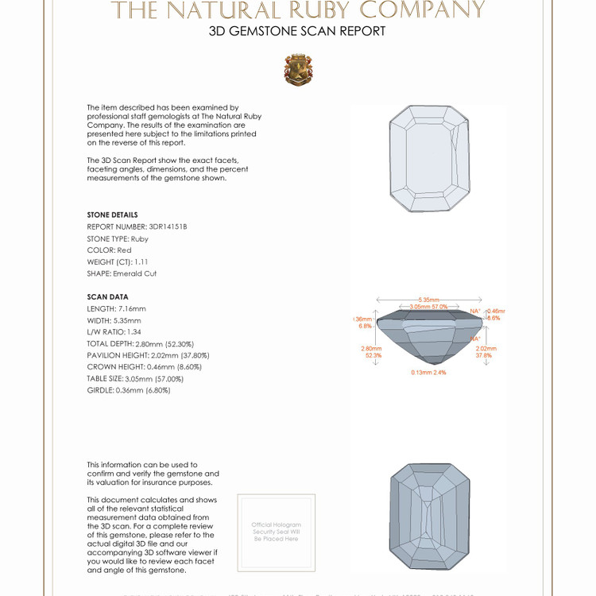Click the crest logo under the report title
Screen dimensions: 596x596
coord(298,70)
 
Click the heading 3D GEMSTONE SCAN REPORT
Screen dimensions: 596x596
coord(297,31)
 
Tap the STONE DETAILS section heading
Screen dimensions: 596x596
coord(112,215)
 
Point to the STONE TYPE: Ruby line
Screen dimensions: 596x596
coord(118,238)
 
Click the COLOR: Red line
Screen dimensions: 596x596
coord(110,250)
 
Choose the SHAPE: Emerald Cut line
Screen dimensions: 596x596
coord(122,273)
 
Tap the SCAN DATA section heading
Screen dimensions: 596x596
coord(107,297)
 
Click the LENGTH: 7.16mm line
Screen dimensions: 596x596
coord(116,308)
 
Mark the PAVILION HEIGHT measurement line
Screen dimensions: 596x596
coord(144,355)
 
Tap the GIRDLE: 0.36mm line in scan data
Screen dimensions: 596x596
coord(129,390)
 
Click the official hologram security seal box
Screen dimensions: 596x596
coord(276,532)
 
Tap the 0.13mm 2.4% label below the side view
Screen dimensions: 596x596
coord(429,372)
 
